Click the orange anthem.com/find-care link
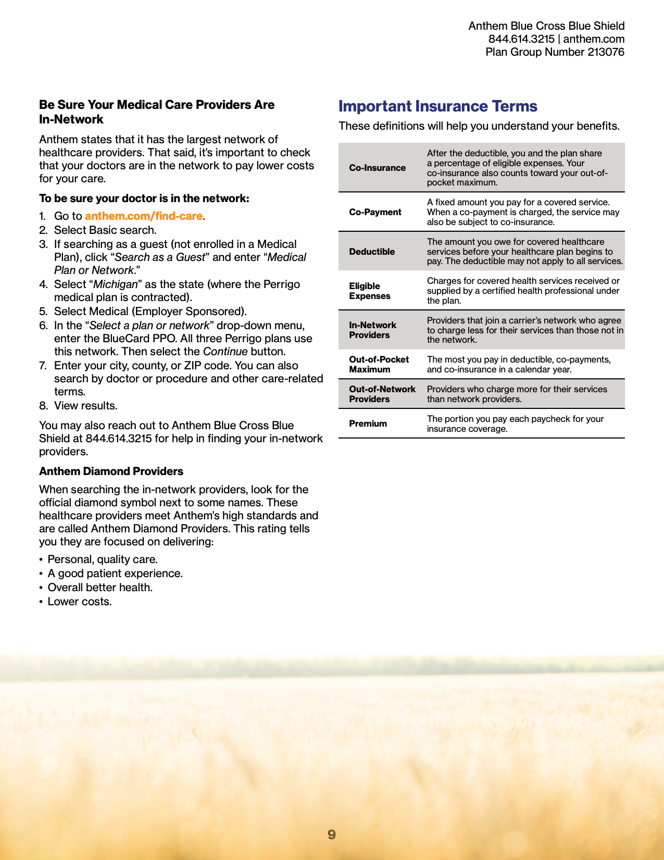pos(144,216)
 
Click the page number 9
pos(332,834)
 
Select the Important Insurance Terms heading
pos(437,106)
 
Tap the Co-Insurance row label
pos(377,168)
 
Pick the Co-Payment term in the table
pos(375,212)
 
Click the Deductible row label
pos(372,252)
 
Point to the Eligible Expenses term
pos(369,291)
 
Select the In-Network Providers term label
pos(372,330)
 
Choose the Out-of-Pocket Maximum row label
pos(379,364)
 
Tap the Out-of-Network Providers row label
pos(382,394)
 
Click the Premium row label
pos(368,423)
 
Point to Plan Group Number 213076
pos(555,52)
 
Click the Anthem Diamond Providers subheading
pos(111,471)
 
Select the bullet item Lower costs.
pos(80,602)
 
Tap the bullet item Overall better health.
pos(100,588)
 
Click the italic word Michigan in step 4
pos(116,284)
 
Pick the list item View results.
pos(85,406)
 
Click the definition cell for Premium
pos(515,423)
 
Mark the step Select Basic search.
pos(105,230)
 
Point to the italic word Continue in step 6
pos(225,352)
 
